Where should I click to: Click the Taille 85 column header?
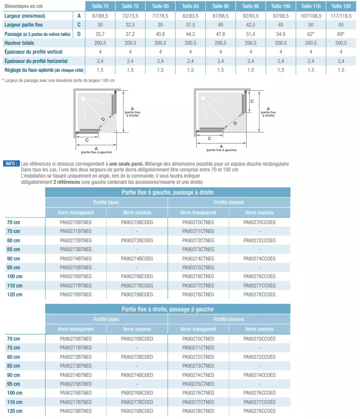[x=190, y=6]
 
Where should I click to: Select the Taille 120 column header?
[x=341, y=6]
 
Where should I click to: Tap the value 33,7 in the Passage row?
[x=100, y=34]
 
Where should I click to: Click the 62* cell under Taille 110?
[x=311, y=34]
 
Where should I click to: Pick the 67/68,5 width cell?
[x=100, y=16]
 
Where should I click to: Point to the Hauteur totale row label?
[x=19, y=43]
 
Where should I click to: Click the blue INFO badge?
[x=11, y=163]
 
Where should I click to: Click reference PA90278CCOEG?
[x=259, y=295]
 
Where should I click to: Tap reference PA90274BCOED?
[x=137, y=375]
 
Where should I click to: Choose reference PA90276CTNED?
[x=198, y=393]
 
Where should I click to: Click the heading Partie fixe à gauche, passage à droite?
[x=168, y=192]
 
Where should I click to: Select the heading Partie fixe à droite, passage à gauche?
[x=168, y=309]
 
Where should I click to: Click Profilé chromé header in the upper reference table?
[x=229, y=202]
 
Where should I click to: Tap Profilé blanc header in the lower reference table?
[x=107, y=319]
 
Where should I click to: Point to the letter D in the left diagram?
[x=103, y=119]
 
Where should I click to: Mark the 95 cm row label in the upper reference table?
[x=14, y=268]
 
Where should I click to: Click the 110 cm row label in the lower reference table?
[x=15, y=402]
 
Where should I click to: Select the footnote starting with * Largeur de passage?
[x=58, y=80]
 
